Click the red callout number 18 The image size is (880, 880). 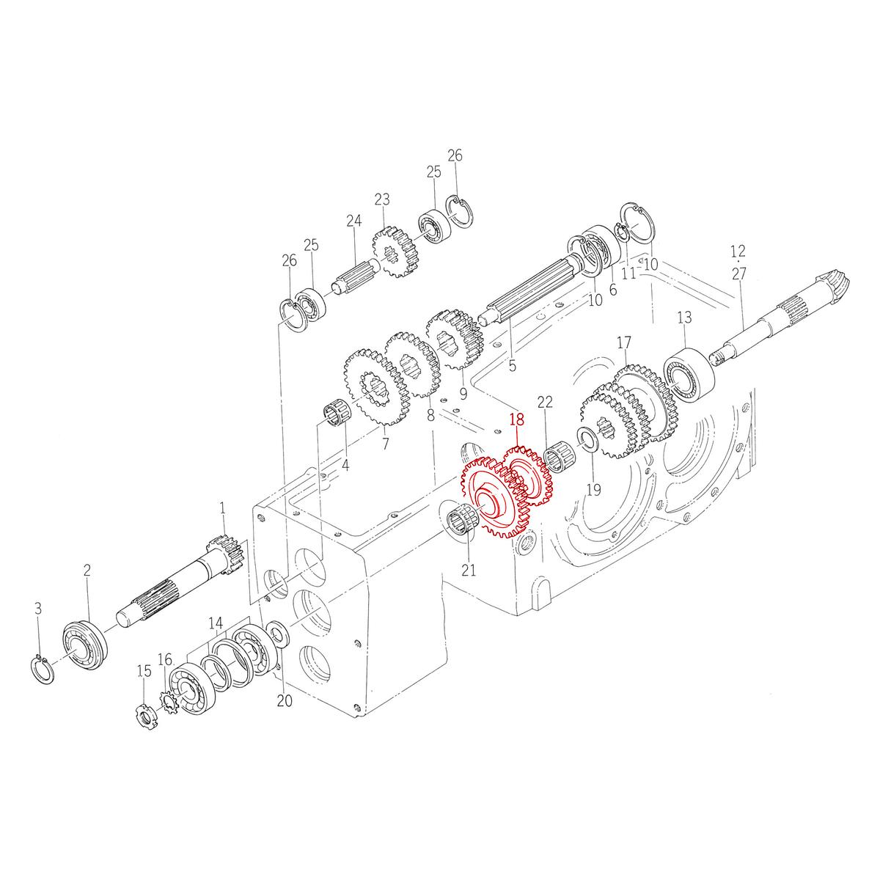tap(518, 421)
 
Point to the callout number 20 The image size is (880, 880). tap(285, 700)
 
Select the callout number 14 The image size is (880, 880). tap(215, 623)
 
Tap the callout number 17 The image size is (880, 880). tap(624, 342)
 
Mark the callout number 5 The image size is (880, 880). tap(512, 364)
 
